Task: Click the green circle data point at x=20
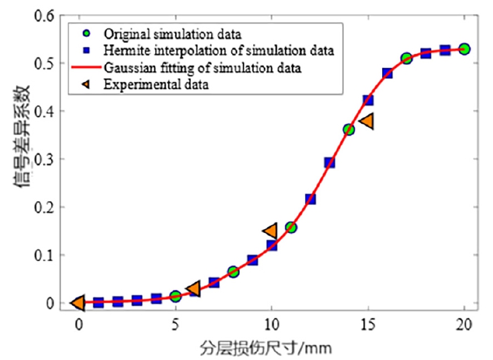[x=464, y=49]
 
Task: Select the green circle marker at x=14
[x=349, y=130]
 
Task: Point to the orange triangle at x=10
[x=271, y=231]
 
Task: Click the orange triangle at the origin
[x=78, y=303]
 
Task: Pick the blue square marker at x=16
[x=387, y=73]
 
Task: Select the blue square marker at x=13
[x=329, y=162]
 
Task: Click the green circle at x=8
[x=233, y=272]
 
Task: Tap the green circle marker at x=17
[x=406, y=59]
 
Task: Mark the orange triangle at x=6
[x=194, y=289]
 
